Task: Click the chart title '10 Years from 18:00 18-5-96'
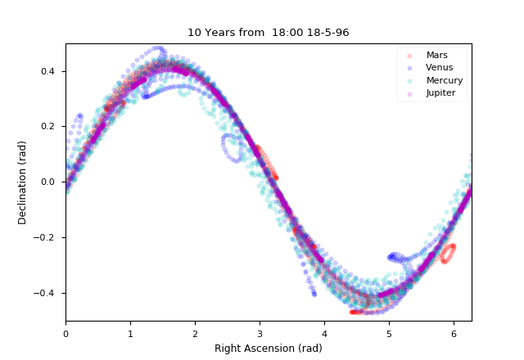click(269, 33)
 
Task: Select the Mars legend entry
click(436, 55)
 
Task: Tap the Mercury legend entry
click(445, 80)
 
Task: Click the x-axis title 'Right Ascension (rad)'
click(269, 349)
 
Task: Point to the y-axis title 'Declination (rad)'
click(23, 182)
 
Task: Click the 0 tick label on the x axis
click(65, 333)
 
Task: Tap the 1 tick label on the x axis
click(130, 333)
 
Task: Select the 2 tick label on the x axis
click(195, 333)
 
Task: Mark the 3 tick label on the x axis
click(260, 333)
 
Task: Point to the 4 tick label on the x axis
click(324, 333)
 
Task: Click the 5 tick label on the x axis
click(389, 333)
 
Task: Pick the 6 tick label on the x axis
click(454, 333)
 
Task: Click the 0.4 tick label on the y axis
click(50, 71)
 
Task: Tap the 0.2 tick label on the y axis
click(50, 127)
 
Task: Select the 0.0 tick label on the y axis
click(50, 182)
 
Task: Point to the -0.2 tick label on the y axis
click(47, 237)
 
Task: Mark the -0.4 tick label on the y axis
click(47, 293)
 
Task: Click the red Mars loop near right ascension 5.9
click(447, 254)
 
